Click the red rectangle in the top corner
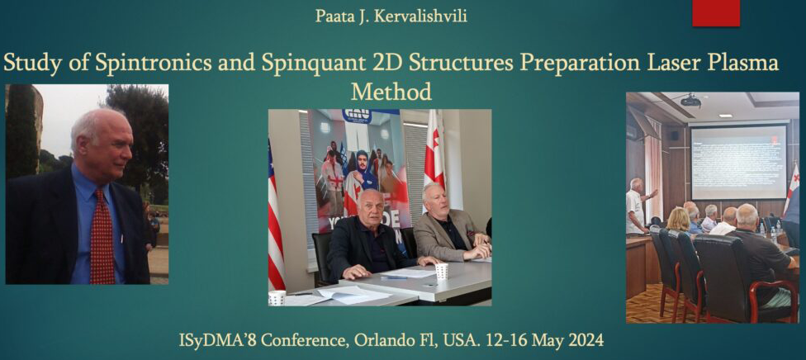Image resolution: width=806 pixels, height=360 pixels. (716, 13)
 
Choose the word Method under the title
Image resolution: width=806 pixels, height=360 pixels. (391, 92)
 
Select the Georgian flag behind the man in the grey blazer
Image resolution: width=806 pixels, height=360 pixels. (434, 154)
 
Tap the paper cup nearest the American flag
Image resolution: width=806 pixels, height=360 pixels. (277, 298)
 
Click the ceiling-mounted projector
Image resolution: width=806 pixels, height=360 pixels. (690, 100)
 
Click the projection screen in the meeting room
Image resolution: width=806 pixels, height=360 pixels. (738, 162)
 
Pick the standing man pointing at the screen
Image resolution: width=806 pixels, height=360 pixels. (638, 206)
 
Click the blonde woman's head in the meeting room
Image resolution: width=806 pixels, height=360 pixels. (678, 219)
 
